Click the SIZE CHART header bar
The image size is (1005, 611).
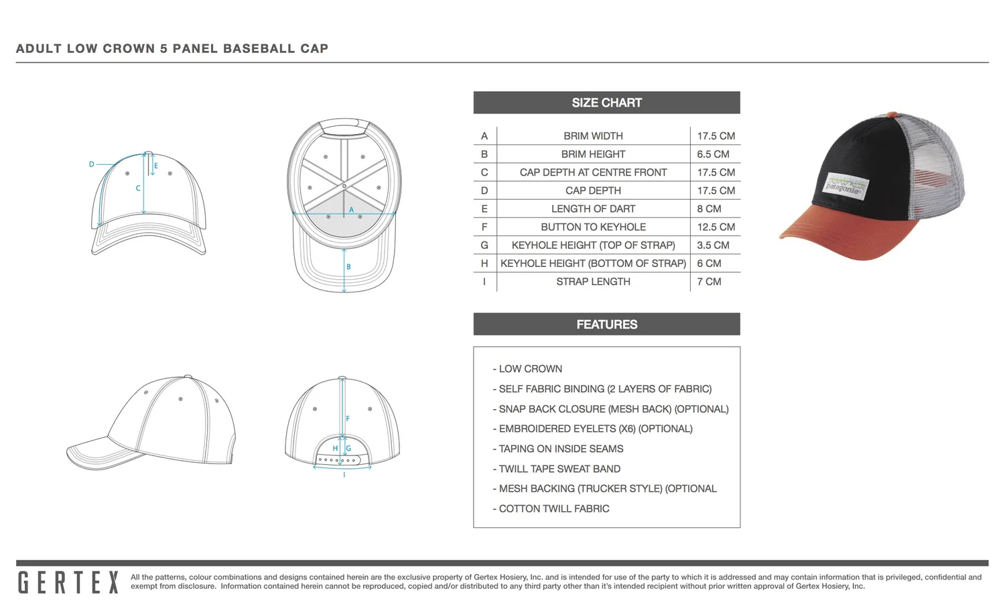(x=606, y=103)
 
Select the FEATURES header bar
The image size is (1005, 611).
(x=606, y=325)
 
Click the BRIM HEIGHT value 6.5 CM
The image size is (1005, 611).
(x=713, y=154)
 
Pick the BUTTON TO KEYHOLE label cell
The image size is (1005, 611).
(x=593, y=227)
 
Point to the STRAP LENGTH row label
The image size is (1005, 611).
(x=593, y=282)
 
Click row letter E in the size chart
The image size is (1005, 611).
(x=484, y=209)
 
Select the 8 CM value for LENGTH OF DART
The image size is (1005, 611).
(x=709, y=209)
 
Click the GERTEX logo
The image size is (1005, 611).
(x=68, y=582)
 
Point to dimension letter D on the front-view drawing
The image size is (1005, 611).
(x=92, y=164)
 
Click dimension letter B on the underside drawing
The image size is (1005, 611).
(x=348, y=267)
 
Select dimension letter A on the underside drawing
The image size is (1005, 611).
(x=351, y=210)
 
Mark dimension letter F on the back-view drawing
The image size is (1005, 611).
(x=348, y=419)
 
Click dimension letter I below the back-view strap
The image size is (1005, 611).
(x=344, y=475)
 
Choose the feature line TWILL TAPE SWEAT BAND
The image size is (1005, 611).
(x=559, y=469)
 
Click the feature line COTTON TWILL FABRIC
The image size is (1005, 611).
(x=554, y=509)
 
